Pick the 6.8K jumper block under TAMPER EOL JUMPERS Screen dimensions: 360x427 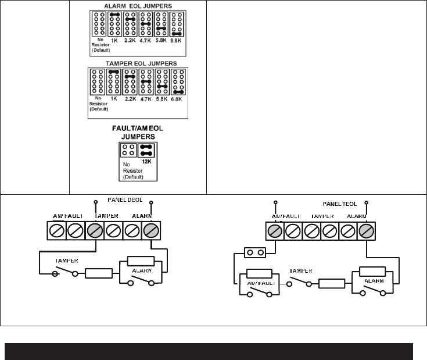coord(178,83)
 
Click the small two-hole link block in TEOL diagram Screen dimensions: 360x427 coord(255,253)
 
